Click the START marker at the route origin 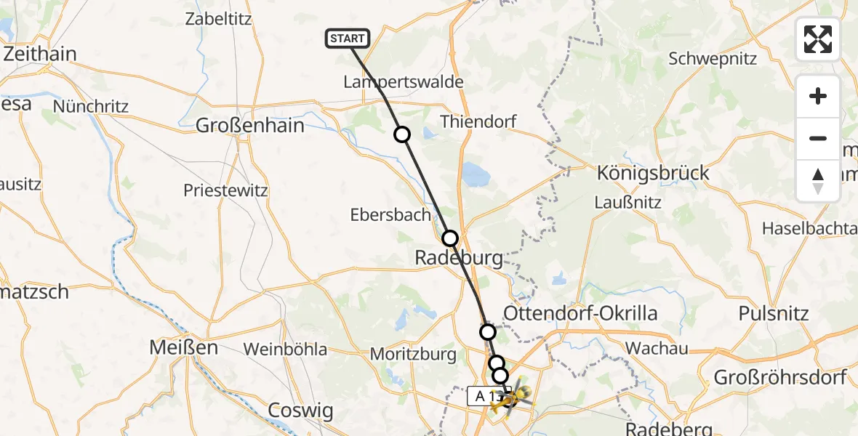coord(348,39)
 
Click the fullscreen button coord(818,39)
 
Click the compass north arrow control coord(818,181)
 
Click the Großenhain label coord(249,126)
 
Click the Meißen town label coord(183,347)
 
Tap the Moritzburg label coord(413,355)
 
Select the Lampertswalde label coord(403,82)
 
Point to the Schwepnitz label coord(713,59)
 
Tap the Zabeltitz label coord(218,19)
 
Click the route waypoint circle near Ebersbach coord(450,238)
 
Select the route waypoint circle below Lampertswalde coord(402,134)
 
